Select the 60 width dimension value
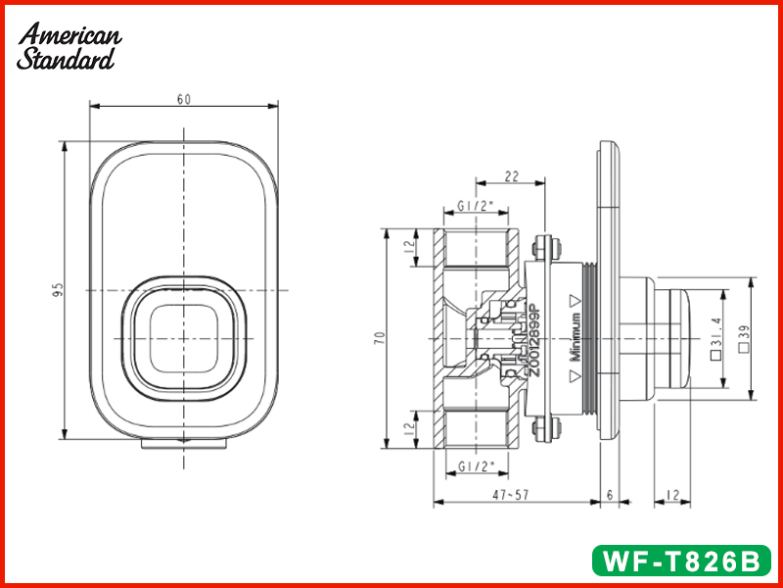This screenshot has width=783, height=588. coord(183,99)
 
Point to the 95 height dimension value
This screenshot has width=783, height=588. coord(58,290)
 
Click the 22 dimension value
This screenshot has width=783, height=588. coord(512,175)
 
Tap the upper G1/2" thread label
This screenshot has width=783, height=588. coord(476,208)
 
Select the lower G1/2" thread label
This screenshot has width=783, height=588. coord(476,467)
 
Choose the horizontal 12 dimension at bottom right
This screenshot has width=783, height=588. coord(674,496)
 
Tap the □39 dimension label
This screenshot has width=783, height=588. coord(745,338)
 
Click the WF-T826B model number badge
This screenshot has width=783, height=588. coord(681,562)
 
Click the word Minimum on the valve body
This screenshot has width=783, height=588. coord(577,338)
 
